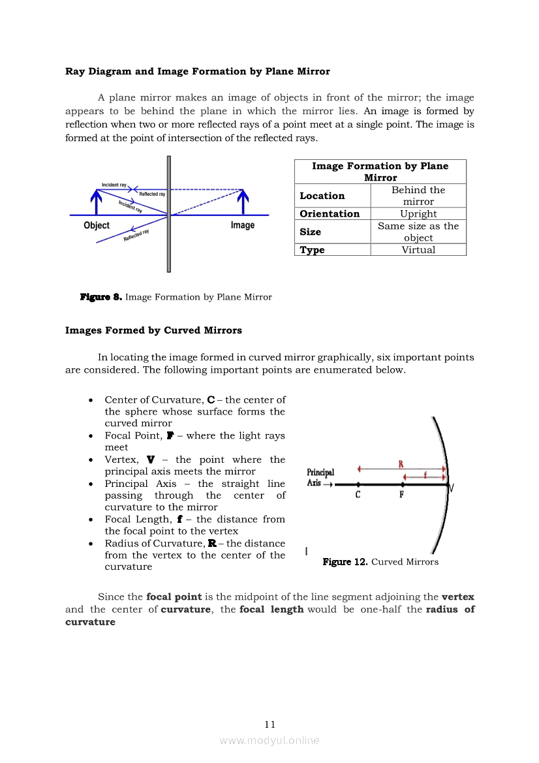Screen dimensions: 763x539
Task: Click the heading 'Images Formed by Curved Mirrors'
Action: tap(153, 330)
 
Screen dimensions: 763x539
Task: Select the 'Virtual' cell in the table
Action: tap(418, 250)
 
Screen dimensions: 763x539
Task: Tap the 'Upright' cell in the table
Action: tap(418, 214)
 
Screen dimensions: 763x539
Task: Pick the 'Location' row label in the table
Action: tap(322, 196)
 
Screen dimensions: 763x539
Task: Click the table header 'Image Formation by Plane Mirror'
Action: tap(380, 172)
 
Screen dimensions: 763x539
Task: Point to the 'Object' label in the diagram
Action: tap(97, 225)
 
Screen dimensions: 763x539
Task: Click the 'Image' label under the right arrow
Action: tap(243, 225)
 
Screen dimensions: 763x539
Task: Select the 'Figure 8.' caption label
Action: tap(100, 297)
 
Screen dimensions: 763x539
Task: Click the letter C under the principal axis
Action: tap(358, 495)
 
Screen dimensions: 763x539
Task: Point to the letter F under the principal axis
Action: tap(401, 495)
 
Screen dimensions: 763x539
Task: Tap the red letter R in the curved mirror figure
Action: tap(401, 464)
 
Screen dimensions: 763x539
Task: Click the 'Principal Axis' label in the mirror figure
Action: tap(320, 478)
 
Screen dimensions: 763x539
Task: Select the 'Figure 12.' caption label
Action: tap(345, 562)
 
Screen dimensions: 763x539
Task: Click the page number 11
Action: tap(270, 724)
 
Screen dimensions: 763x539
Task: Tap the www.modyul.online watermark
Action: tap(269, 741)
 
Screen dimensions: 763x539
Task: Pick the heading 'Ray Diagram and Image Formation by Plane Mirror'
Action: tap(198, 71)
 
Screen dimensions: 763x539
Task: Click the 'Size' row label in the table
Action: tap(310, 232)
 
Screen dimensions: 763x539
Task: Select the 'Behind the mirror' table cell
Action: tap(418, 196)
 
